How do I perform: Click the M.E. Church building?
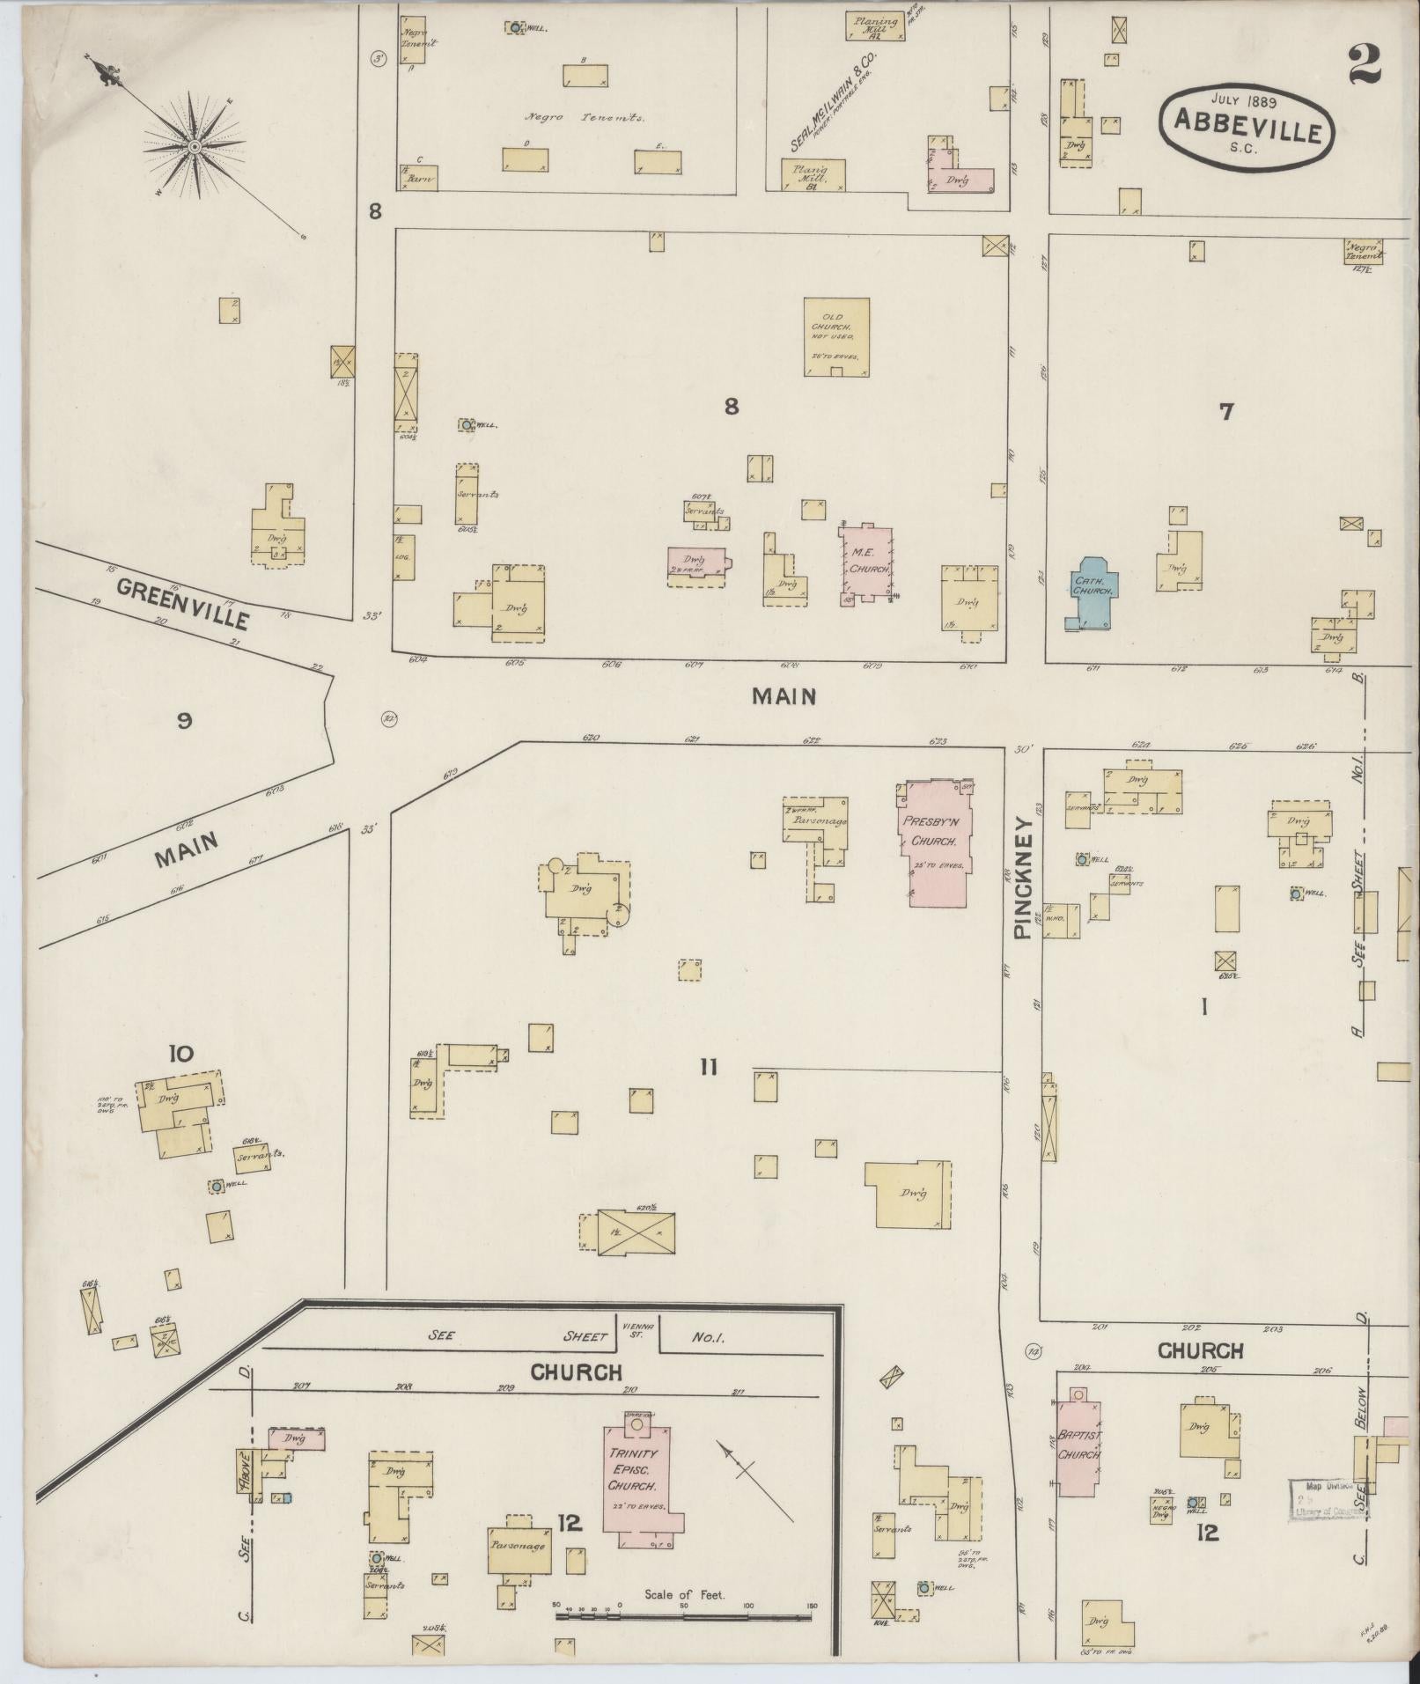click(x=866, y=563)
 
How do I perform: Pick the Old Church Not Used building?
click(x=836, y=336)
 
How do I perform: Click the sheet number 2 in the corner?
click(x=1364, y=64)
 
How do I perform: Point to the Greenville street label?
click(x=183, y=604)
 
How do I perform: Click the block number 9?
click(x=184, y=721)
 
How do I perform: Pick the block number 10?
click(x=180, y=1053)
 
